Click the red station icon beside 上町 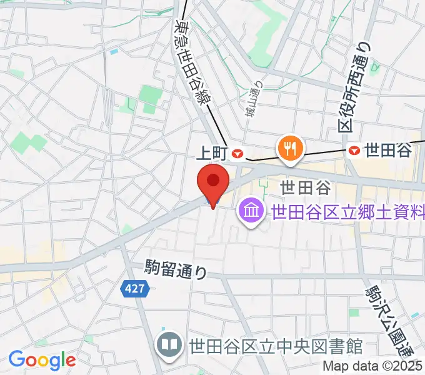pos(237,152)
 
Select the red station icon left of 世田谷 pos(355,150)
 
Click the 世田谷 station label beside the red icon pos(387,150)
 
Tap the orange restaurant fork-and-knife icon pos(290,147)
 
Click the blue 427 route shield pos(129,287)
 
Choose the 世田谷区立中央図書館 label pos(275,344)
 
